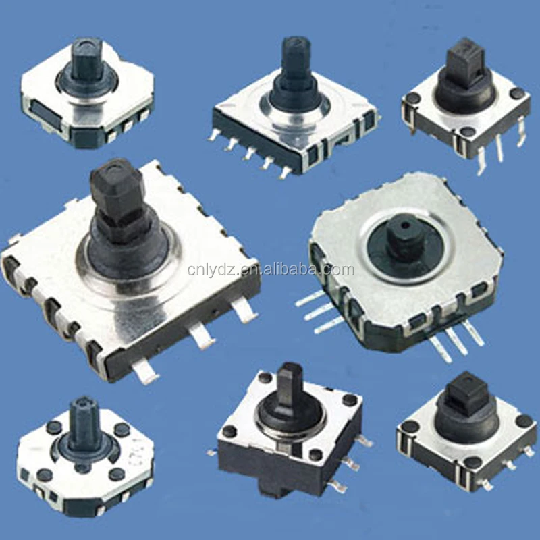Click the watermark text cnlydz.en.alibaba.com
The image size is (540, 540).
[x=270, y=271]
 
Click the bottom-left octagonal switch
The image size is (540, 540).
[x=84, y=459]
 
